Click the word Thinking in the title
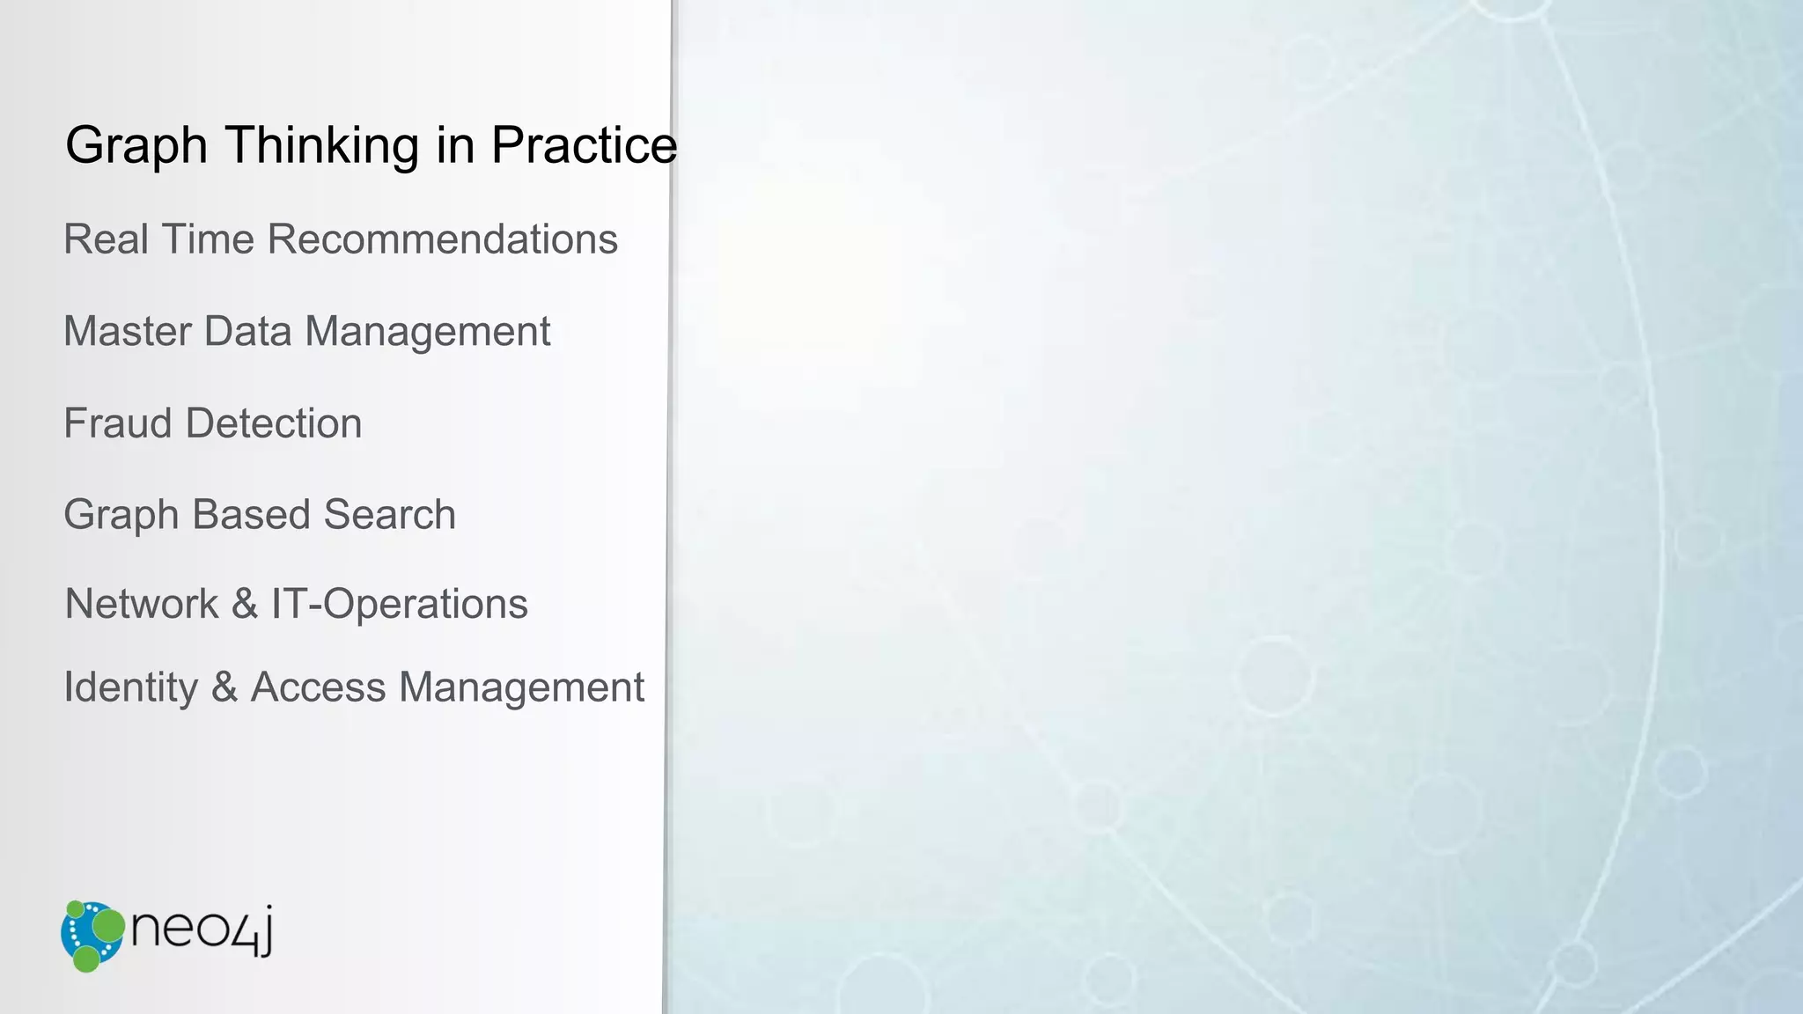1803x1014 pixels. click(321, 145)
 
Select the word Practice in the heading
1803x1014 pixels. click(584, 145)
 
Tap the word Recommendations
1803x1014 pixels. click(443, 239)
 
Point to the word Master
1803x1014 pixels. click(128, 332)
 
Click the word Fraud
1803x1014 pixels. click(117, 423)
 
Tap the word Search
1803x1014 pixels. click(389, 515)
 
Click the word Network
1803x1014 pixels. click(142, 605)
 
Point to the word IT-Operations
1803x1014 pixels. click(399, 605)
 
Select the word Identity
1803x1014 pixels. click(131, 687)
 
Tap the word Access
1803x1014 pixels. click(318, 687)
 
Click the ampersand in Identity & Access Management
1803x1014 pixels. click(224, 687)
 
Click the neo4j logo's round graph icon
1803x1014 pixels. click(92, 936)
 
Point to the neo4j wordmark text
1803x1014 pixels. click(202, 929)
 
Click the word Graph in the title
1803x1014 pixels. click(136, 145)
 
